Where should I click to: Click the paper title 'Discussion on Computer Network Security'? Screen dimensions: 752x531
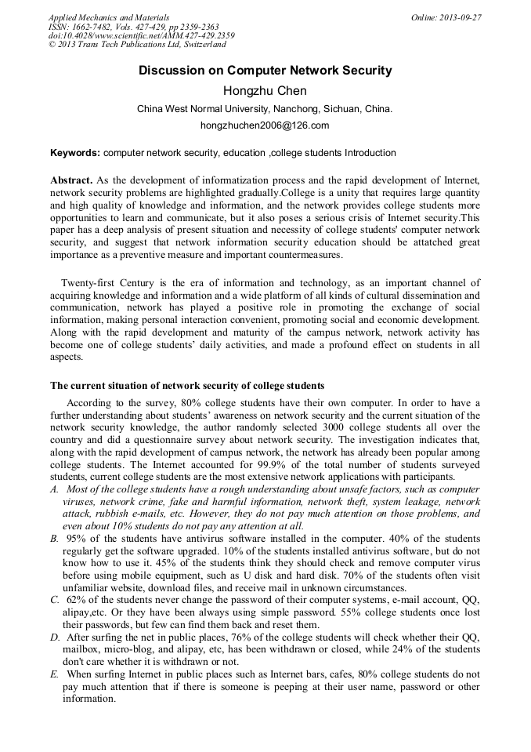coord(265,71)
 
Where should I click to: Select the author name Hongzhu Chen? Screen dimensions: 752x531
coord(265,90)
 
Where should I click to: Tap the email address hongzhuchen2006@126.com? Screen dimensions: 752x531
coord(265,125)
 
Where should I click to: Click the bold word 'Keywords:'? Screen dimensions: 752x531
coord(75,153)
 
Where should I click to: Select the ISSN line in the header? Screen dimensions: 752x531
coord(124,27)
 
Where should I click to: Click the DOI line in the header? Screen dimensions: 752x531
coord(141,36)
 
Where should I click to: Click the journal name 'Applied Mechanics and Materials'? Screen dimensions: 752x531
coord(108,17)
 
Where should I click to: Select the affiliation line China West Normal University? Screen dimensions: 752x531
coord(265,109)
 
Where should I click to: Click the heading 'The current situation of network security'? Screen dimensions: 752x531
coord(187,386)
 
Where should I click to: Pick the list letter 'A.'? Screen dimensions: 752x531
coord(54,489)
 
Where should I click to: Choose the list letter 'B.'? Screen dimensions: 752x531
coord(54,539)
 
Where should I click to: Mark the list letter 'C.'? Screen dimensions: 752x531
coord(54,599)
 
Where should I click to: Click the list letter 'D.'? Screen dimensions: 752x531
coord(54,638)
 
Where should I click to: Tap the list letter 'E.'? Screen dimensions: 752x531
coord(54,674)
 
